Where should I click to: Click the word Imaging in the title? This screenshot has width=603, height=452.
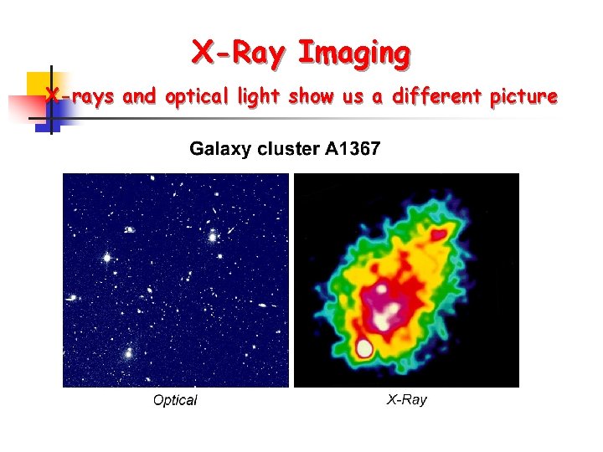[353, 54]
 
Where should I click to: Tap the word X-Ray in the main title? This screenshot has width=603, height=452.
[240, 54]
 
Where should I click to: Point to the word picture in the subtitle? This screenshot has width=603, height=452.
[523, 97]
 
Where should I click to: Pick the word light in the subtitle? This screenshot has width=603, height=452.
[258, 97]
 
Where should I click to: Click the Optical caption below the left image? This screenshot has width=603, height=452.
[175, 400]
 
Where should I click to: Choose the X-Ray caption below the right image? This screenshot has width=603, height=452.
[406, 399]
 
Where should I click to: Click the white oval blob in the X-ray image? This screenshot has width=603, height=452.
[364, 347]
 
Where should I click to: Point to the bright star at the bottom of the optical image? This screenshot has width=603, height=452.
[128, 354]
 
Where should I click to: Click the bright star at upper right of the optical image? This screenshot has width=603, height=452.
[214, 237]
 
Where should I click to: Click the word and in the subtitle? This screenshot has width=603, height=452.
[139, 97]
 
